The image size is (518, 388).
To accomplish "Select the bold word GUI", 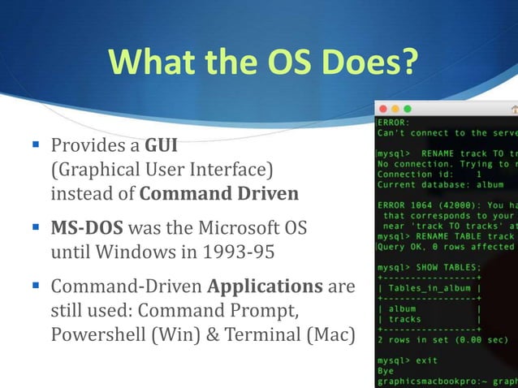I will pyautogui.click(x=162, y=149).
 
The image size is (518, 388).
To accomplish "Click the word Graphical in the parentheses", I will pyautogui.click(x=95, y=171).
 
